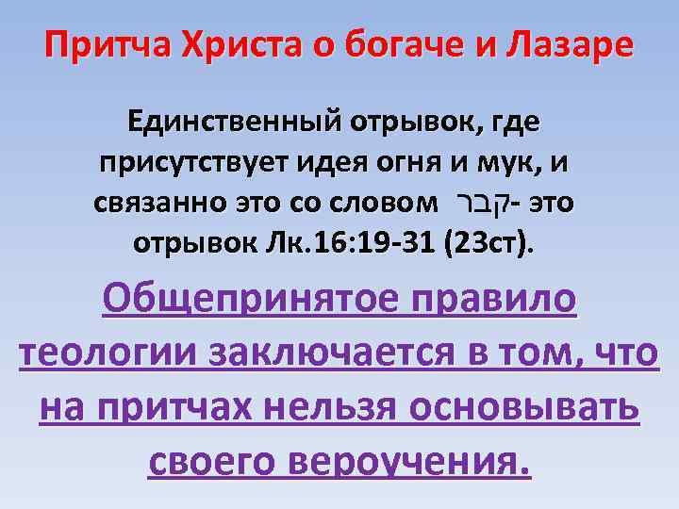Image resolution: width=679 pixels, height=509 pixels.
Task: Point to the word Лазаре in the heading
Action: (575, 46)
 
